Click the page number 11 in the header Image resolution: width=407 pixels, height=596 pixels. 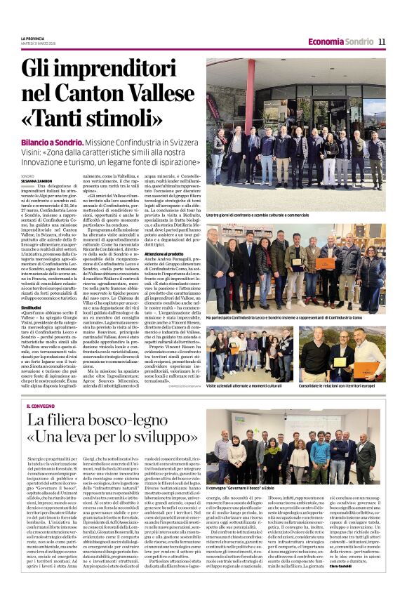[x=382, y=41]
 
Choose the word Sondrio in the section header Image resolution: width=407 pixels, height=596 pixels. [x=359, y=41]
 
